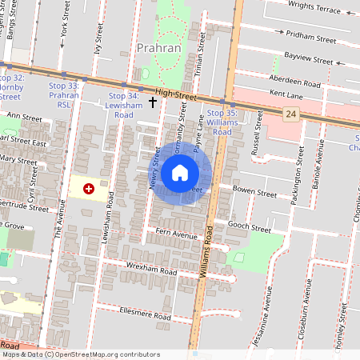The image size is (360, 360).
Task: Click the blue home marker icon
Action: tap(180, 172)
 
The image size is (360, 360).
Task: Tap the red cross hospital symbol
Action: tap(89, 188)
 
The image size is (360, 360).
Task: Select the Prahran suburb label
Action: tap(158, 48)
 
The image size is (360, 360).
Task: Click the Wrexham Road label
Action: tap(152, 270)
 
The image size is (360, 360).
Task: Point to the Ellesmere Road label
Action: tap(145, 313)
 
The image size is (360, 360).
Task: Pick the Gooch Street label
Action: tap(250, 228)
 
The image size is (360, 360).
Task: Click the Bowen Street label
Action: tap(254, 193)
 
